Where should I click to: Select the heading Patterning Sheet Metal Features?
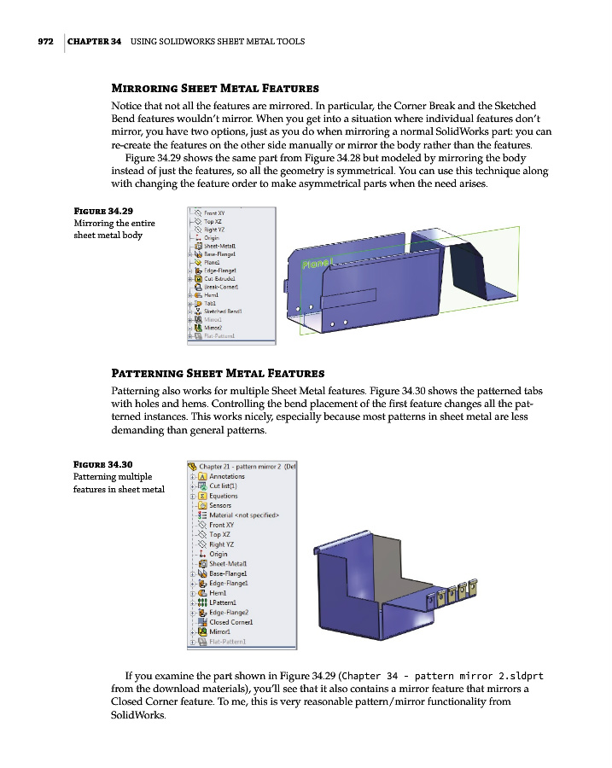pos(218,373)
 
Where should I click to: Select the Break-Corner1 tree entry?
pos(220,287)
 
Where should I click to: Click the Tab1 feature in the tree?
pos(209,303)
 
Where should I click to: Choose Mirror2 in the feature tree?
pos(212,327)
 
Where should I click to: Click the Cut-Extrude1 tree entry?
pos(219,278)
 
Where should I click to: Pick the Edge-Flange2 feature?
pos(229,612)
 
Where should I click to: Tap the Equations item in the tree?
pos(223,496)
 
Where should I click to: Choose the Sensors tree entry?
pos(219,505)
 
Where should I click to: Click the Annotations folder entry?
pos(226,476)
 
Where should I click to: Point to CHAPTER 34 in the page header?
pos(93,41)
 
